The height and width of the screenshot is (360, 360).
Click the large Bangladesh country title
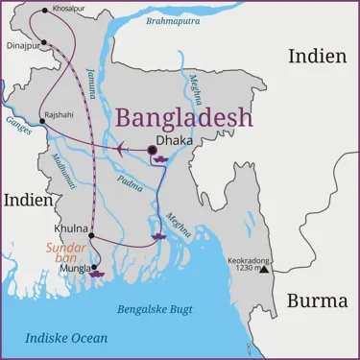point(184,118)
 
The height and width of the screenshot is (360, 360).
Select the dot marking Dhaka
point(152,150)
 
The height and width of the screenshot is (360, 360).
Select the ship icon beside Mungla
point(98,272)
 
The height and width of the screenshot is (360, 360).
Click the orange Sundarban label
point(66,253)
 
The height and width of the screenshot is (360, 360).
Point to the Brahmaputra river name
point(173,20)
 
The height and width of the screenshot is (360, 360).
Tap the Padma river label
point(130,183)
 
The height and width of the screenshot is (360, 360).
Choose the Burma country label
point(317,301)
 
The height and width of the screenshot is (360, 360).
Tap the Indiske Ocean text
point(66,338)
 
